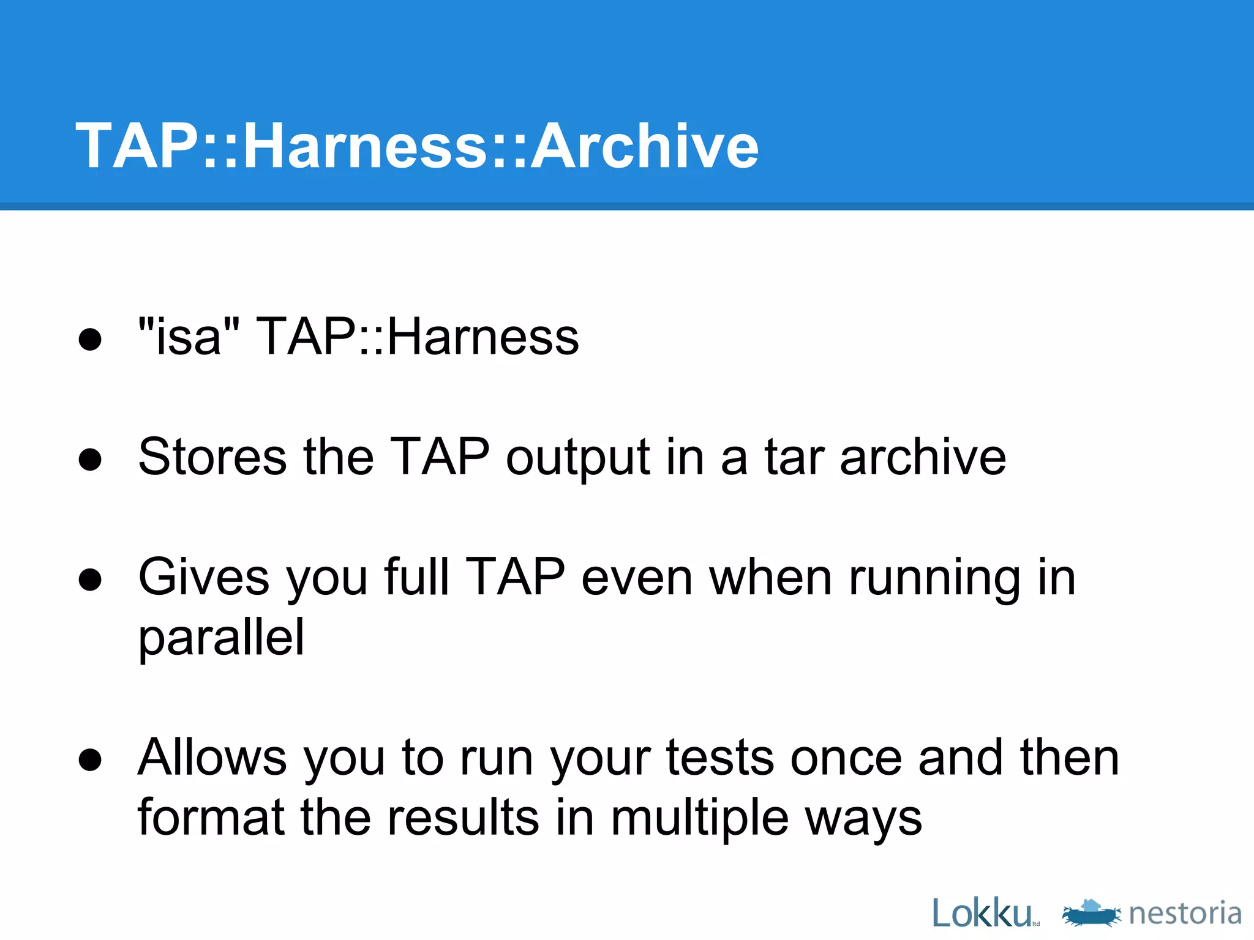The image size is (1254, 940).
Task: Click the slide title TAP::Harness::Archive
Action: (x=417, y=146)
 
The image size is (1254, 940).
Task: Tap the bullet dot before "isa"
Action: (x=90, y=339)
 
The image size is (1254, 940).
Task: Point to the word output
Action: (x=577, y=458)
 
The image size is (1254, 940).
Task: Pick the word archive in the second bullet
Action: (x=923, y=457)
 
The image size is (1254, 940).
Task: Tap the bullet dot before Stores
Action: (x=90, y=460)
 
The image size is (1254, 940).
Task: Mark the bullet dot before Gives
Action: (x=90, y=580)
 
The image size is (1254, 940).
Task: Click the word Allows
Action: (x=212, y=757)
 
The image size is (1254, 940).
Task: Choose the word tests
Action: (x=719, y=758)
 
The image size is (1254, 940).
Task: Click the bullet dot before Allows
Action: (x=90, y=760)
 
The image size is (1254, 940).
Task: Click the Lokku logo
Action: (x=983, y=914)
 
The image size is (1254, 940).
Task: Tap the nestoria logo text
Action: (x=1185, y=914)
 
